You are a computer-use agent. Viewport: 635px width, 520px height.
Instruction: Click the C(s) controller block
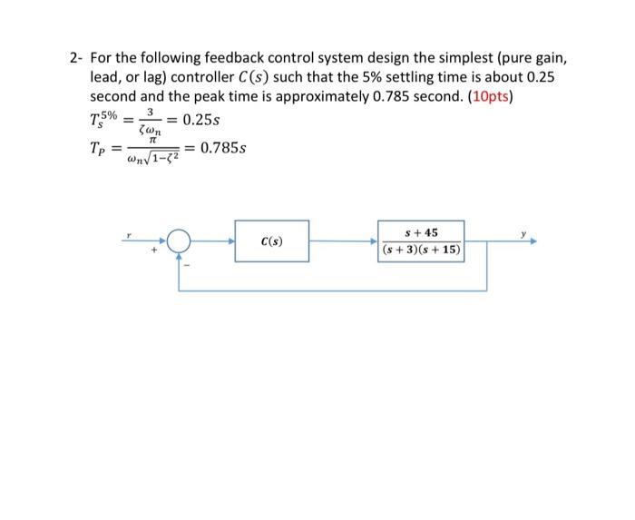pos(271,241)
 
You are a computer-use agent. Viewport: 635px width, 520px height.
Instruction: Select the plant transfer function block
pos(422,241)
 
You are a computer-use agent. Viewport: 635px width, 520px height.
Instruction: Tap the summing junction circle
pos(179,241)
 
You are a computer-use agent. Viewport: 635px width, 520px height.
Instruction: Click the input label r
pos(130,233)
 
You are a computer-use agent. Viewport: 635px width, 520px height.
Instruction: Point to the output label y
pos(523,233)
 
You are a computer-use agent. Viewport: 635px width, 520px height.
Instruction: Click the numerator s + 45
pos(422,233)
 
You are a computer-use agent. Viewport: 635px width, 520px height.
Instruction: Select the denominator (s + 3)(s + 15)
pos(422,250)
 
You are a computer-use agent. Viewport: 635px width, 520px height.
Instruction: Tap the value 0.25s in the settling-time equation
pos(202,121)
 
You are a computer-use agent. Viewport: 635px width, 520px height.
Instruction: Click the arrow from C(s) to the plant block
pos(345,241)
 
